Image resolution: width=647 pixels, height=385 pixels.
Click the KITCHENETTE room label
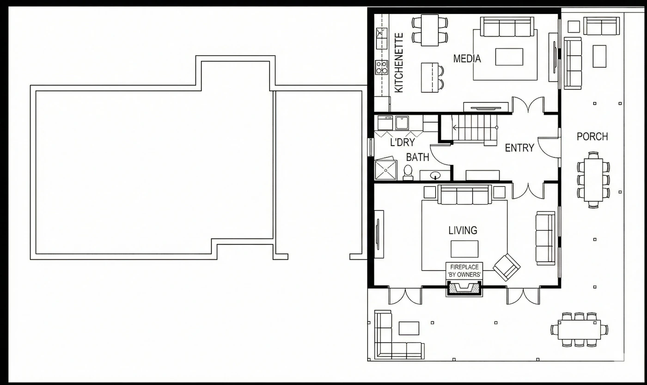coord(398,63)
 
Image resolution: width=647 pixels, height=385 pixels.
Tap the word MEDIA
coord(467,59)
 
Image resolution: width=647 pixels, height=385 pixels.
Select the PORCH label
coord(592,136)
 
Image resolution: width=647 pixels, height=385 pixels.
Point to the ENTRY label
coord(519,148)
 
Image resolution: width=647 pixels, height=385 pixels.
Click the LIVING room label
coord(463,230)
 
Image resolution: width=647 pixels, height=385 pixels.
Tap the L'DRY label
coord(403,142)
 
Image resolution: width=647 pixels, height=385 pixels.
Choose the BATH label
coord(417,157)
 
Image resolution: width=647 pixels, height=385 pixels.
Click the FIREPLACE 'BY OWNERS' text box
coord(464,271)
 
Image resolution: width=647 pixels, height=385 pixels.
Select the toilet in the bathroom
coord(408,173)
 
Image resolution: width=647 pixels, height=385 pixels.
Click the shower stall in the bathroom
coord(385,170)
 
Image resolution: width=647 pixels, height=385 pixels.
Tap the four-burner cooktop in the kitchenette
coord(382,67)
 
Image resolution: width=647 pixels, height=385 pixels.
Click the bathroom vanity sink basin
coord(435,175)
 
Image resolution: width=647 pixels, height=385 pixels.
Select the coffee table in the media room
coord(509,57)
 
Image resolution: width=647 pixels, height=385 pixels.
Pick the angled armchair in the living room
coord(507,268)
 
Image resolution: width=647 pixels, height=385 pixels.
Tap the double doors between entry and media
coord(528,104)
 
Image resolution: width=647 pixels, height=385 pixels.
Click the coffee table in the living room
coord(464,249)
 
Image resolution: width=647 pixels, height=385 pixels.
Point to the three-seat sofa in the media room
coord(507,26)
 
